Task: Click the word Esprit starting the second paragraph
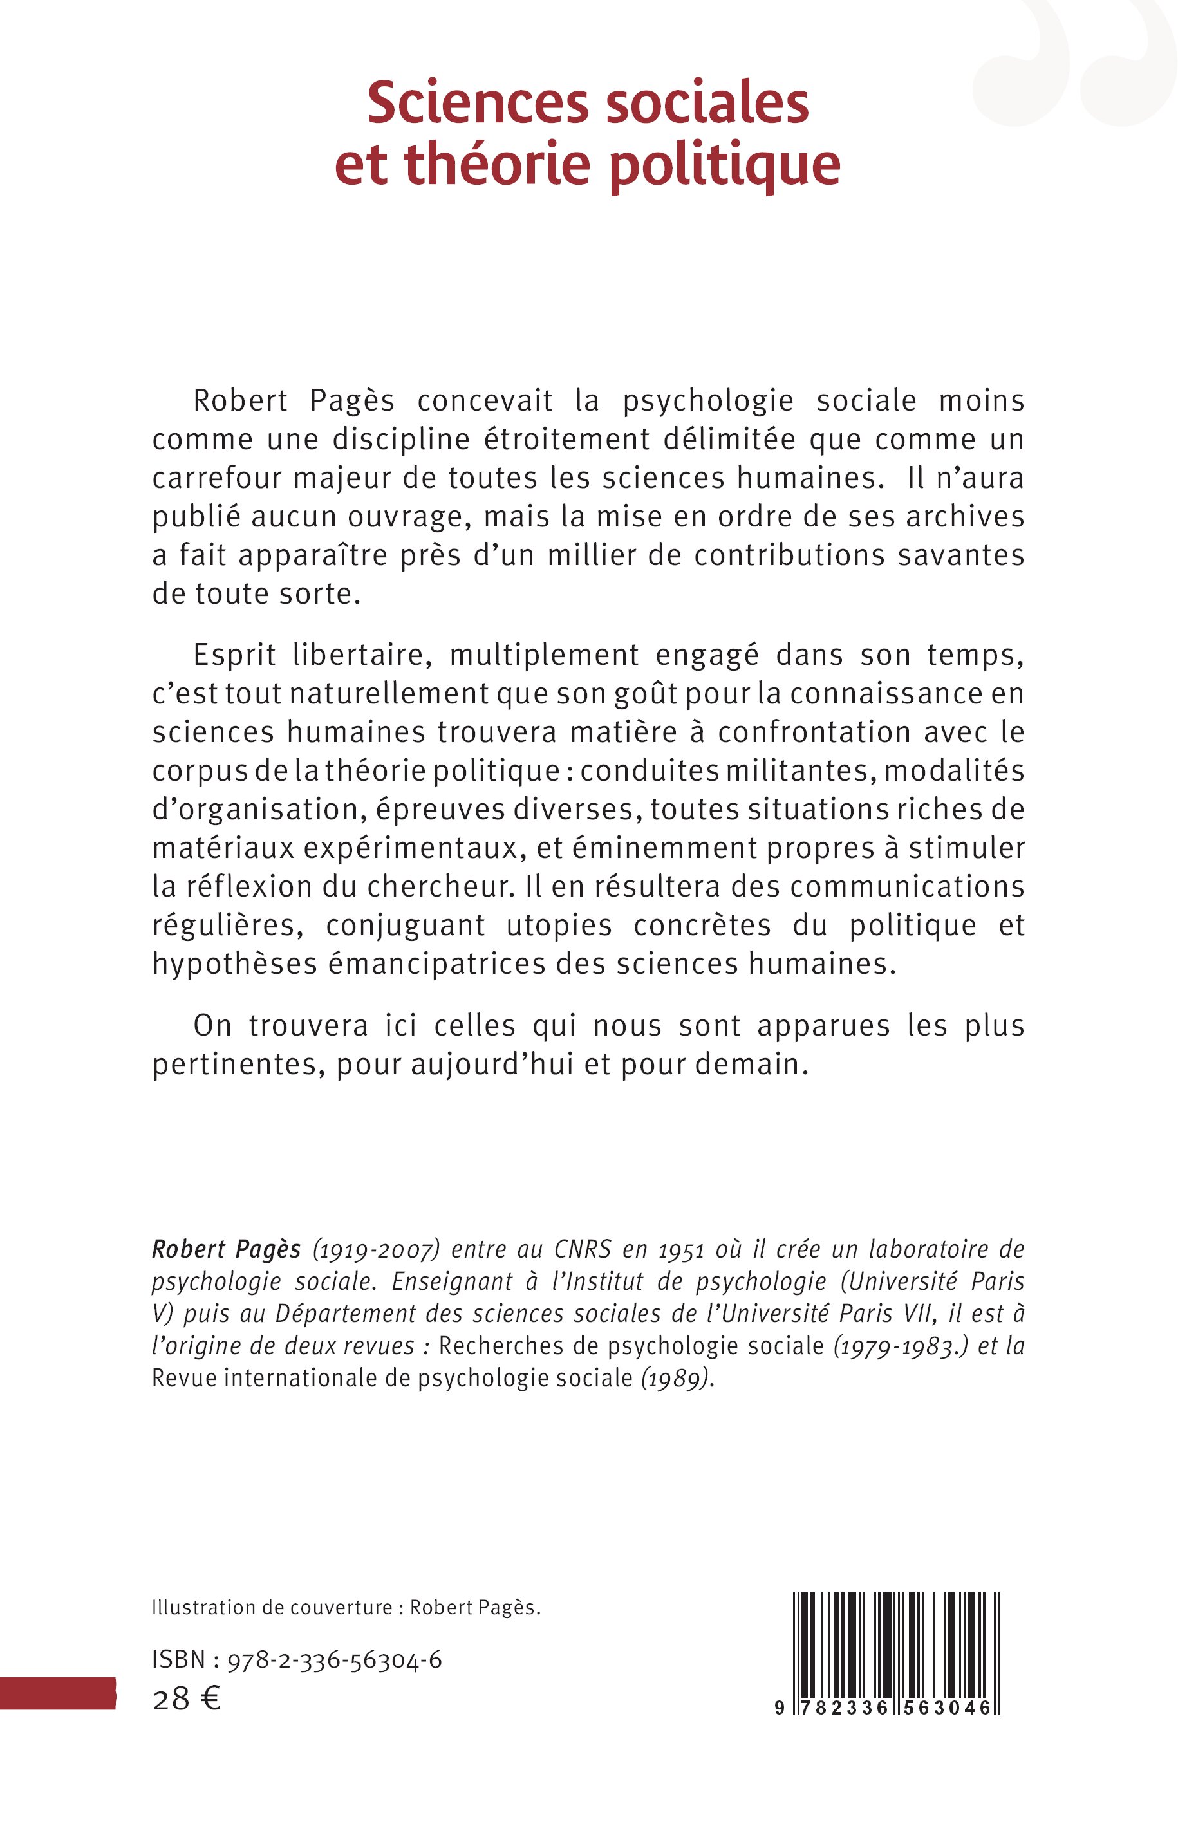point(234,655)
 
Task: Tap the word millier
point(592,555)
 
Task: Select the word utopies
point(559,926)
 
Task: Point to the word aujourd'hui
point(492,1065)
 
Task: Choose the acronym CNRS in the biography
point(583,1250)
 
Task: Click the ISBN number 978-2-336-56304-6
point(334,1660)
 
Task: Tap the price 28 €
point(187,1699)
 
